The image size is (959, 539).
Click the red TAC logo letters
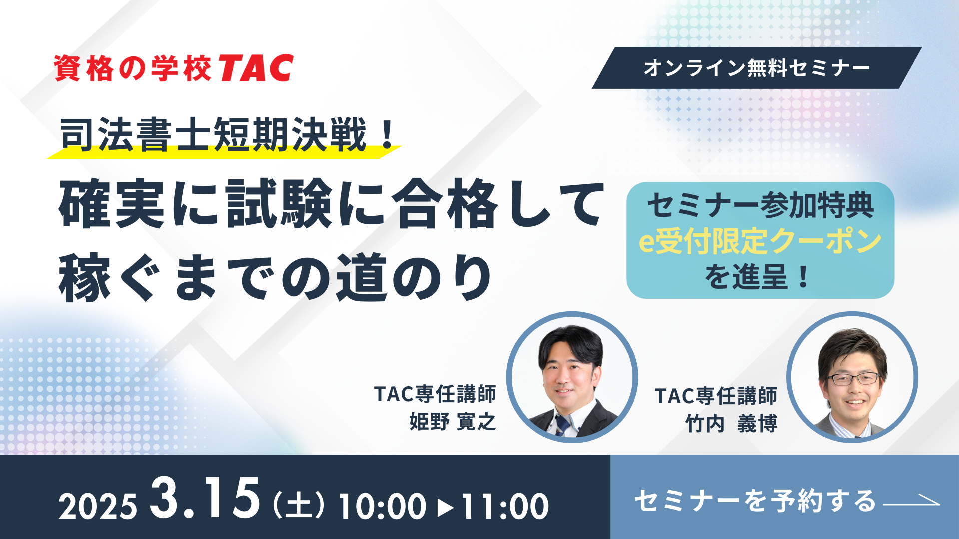click(256, 68)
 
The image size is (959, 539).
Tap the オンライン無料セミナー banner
click(757, 68)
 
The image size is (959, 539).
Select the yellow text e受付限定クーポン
click(760, 241)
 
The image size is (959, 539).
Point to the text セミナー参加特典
click(760, 205)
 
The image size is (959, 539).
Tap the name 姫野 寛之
click(453, 422)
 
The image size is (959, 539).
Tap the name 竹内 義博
click(731, 424)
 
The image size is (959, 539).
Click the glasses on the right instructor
click(853, 379)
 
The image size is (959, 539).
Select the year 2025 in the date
click(98, 507)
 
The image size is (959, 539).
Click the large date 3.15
click(205, 497)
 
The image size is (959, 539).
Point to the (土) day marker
click(299, 506)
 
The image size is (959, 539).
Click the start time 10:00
click(383, 507)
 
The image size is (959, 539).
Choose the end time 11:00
click(504, 507)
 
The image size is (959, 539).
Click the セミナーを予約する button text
click(755, 501)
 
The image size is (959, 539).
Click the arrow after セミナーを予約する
click(912, 501)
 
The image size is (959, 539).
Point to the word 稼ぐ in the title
click(110, 277)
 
